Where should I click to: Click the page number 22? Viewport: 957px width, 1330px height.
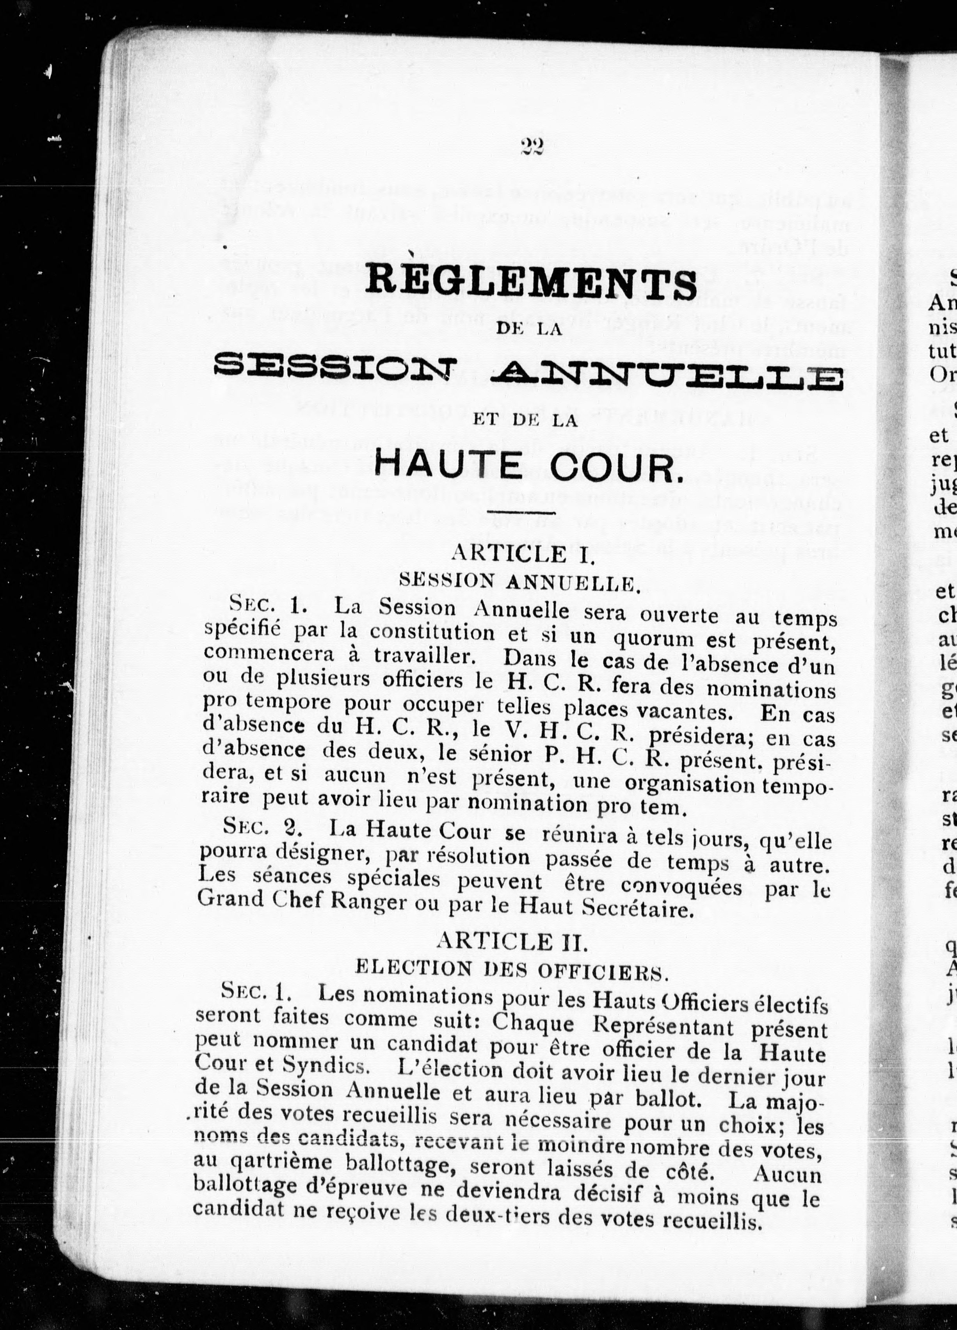[x=532, y=146]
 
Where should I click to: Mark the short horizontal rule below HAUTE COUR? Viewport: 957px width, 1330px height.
[x=524, y=514]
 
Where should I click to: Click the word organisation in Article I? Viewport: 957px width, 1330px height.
[x=689, y=784]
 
